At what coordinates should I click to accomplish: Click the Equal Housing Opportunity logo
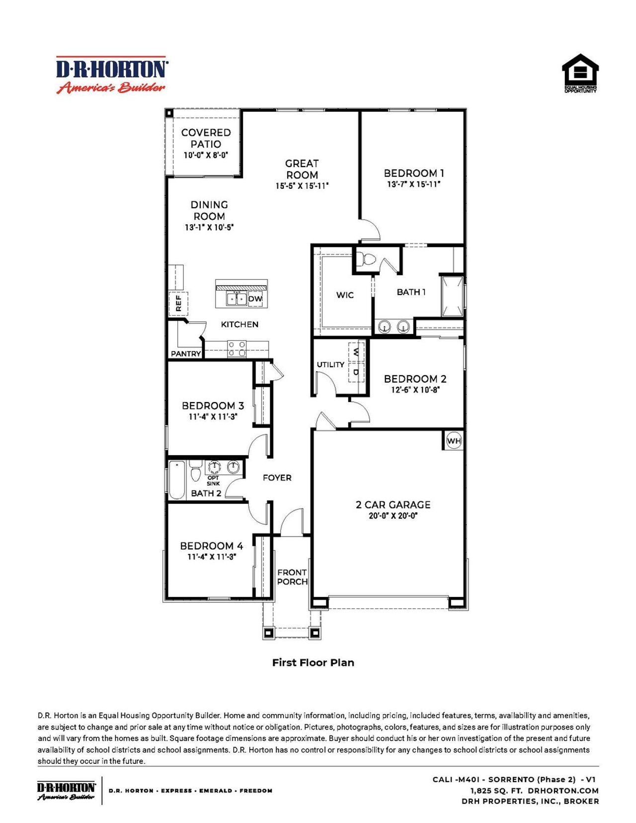(x=580, y=73)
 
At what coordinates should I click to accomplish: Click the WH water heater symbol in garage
(x=454, y=441)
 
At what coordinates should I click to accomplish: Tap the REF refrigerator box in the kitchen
(x=179, y=303)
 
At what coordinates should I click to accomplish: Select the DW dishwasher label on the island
(x=255, y=299)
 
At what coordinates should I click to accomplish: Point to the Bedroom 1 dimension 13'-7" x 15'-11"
(x=414, y=184)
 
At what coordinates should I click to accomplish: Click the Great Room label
(x=302, y=169)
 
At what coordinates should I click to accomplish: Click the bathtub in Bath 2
(x=177, y=480)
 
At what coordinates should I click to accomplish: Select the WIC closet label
(x=345, y=295)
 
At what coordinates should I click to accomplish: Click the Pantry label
(x=186, y=354)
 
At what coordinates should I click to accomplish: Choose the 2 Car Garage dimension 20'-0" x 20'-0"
(x=393, y=516)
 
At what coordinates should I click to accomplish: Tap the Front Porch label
(x=292, y=577)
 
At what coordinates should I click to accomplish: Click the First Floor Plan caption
(x=313, y=662)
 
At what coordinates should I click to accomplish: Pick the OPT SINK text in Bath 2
(x=213, y=481)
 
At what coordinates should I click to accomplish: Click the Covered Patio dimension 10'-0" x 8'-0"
(x=206, y=155)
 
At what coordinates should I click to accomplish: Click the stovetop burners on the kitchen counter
(x=237, y=348)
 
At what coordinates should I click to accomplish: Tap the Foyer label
(x=277, y=478)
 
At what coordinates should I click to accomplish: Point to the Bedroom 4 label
(x=211, y=546)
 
